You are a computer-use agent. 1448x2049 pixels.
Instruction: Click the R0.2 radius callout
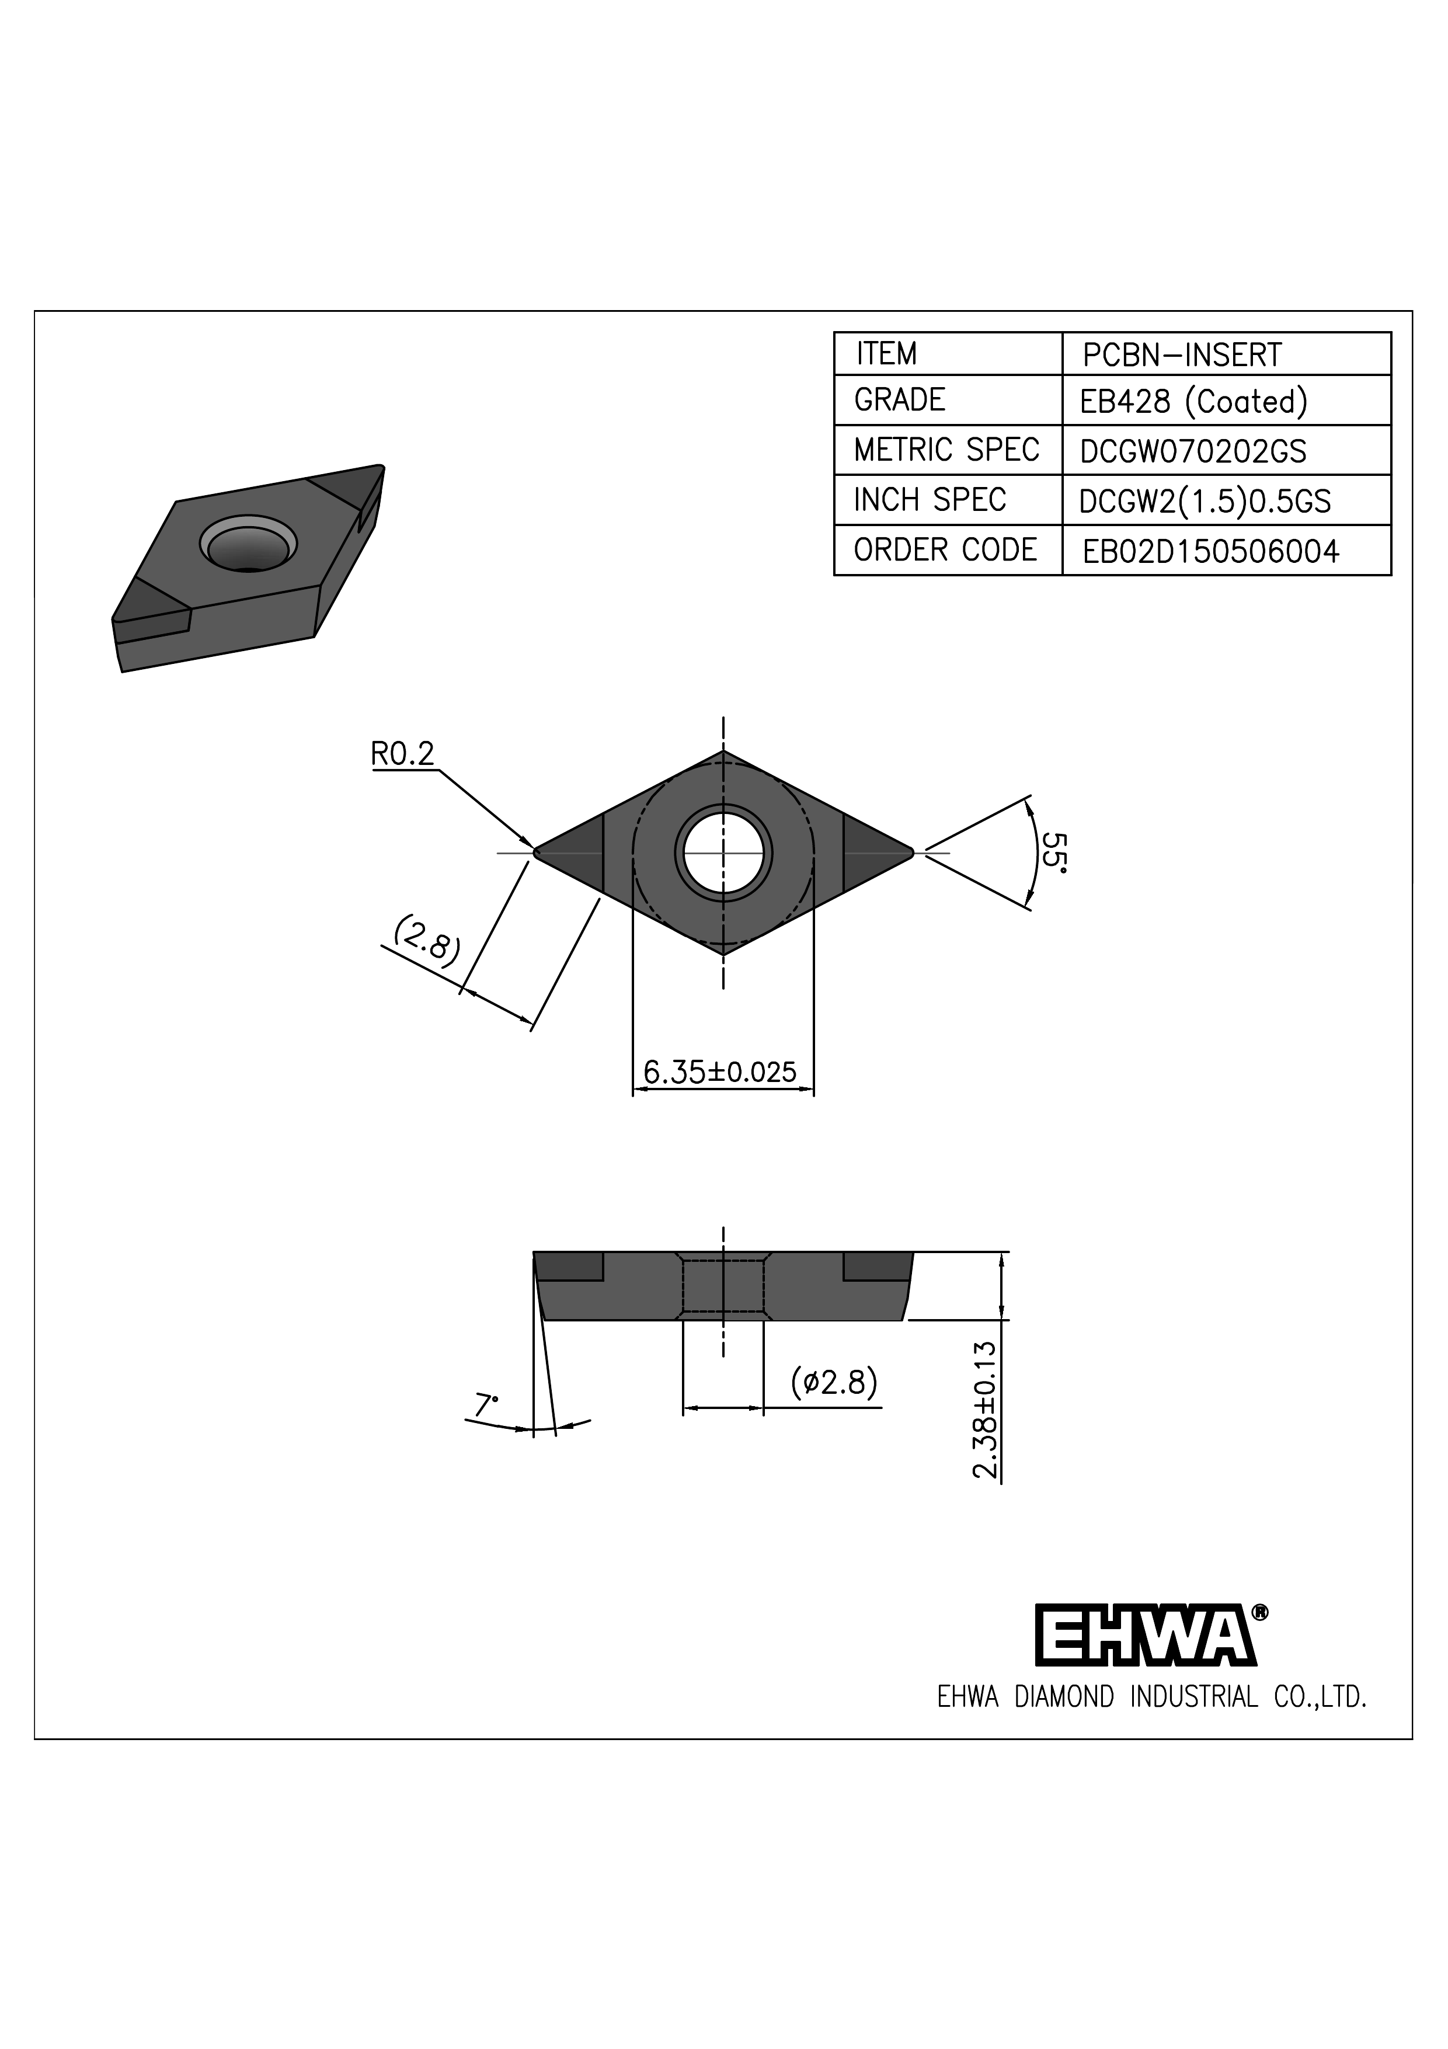point(402,755)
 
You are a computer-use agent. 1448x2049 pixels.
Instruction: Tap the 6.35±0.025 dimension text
point(719,1072)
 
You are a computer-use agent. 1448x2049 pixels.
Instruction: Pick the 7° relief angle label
point(485,1406)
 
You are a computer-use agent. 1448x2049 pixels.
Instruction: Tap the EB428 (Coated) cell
point(1193,402)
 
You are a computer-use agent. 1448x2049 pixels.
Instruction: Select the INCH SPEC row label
point(930,500)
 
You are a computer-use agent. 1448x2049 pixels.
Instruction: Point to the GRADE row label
point(899,400)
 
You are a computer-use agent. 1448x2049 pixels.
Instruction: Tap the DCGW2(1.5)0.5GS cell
point(1205,502)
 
